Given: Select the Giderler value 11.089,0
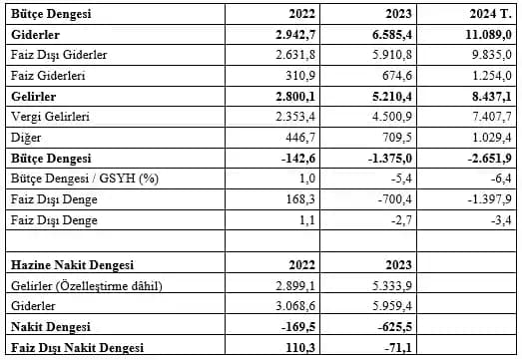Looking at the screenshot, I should (484, 34).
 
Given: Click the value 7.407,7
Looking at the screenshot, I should (489, 118).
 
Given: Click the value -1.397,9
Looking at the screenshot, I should (487, 200).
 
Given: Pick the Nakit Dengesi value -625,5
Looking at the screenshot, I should (389, 326).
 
